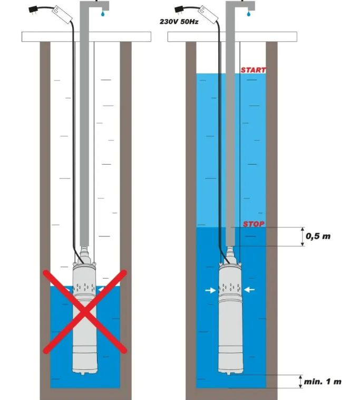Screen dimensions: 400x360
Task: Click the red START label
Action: tap(253, 70)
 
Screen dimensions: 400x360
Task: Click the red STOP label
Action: tap(253, 224)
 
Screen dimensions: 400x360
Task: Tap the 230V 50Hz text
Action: tap(177, 22)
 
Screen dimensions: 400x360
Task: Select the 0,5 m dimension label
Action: tap(318, 236)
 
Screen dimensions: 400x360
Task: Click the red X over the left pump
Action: tap(85, 311)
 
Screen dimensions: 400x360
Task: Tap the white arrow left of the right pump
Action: tap(210, 290)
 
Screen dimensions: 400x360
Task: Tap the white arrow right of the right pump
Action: tap(250, 290)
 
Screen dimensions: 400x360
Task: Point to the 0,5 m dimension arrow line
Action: tap(303, 236)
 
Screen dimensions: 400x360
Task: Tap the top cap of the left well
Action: tap(86, 36)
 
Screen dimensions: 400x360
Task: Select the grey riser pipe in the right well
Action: tap(230, 132)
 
